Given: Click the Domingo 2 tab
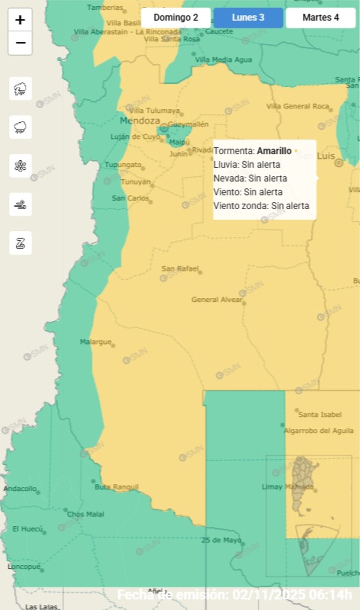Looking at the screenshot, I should click(176, 18).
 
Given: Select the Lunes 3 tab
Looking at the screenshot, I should click(248, 18).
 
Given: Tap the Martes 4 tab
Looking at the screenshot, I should click(320, 18).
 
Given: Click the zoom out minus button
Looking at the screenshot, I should click(20, 43).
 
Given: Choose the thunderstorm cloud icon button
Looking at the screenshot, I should click(20, 88).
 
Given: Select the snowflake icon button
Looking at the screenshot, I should click(20, 166).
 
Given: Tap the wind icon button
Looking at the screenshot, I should click(20, 205).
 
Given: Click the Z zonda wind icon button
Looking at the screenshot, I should click(20, 243).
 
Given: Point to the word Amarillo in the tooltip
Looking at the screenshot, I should click(274, 151).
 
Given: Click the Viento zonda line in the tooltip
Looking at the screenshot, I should click(261, 206).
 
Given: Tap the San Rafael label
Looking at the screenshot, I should click(180, 268).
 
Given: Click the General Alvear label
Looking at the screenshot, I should click(217, 299).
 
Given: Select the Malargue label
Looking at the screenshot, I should click(95, 342).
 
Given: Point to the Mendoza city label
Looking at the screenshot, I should click(140, 121).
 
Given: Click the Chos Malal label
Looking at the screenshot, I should click(85, 514).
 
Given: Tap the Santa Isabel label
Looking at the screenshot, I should click(320, 414).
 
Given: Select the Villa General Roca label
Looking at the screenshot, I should click(298, 106).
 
